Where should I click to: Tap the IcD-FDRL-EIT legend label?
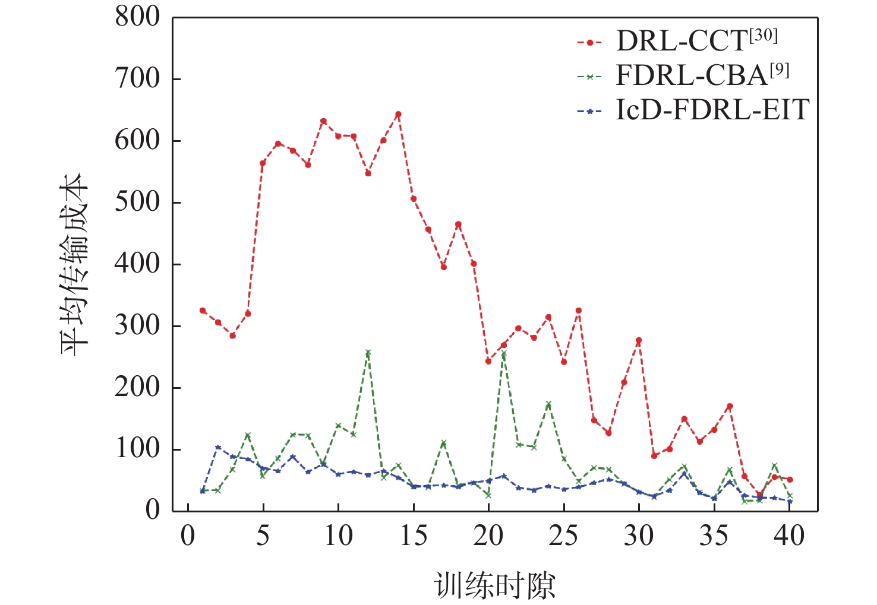tap(712, 110)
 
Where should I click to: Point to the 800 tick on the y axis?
tap(137, 17)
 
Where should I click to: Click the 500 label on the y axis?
tap(137, 202)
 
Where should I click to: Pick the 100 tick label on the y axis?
tap(137, 449)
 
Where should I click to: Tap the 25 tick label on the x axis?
tap(563, 536)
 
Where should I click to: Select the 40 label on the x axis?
tap(789, 536)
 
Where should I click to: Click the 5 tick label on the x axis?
tap(263, 536)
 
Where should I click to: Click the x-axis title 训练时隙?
tap(495, 585)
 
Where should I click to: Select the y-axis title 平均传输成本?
tap(74, 264)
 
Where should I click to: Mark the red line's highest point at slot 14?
tap(398, 114)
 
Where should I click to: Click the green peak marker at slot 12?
tap(368, 353)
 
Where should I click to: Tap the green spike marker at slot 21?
tap(503, 354)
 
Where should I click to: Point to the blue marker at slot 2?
tap(218, 447)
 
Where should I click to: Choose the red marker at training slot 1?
tap(203, 311)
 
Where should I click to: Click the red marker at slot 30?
tap(639, 340)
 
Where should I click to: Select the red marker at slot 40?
tap(790, 479)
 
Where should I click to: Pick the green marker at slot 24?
tap(548, 404)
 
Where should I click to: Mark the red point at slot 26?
tap(579, 311)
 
